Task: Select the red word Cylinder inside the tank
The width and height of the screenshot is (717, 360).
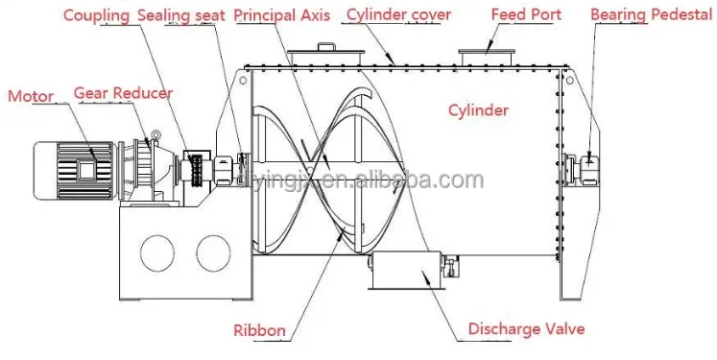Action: click(x=478, y=109)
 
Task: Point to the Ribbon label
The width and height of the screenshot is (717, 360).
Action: click(x=259, y=330)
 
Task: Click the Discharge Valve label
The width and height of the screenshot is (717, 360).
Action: click(x=526, y=330)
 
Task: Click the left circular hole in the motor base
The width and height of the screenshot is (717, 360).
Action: click(x=157, y=252)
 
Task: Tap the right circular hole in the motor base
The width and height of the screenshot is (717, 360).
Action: click(x=214, y=252)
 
